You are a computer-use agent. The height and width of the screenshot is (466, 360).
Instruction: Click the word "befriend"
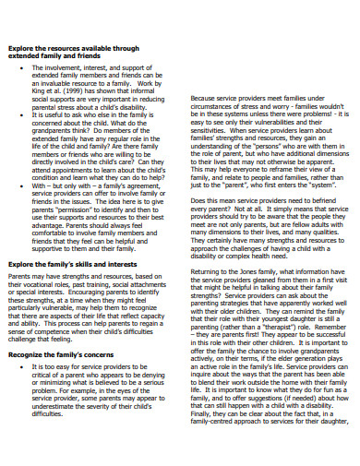[328, 199]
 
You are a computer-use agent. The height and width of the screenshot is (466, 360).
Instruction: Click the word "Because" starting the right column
[205, 98]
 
